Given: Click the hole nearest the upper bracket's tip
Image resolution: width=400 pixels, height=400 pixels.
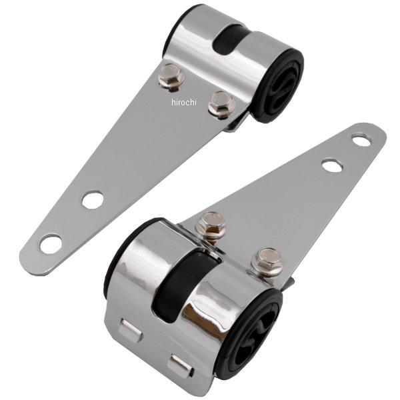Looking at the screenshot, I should (51, 243).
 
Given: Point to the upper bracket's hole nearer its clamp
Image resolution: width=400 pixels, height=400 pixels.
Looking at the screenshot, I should (93, 199).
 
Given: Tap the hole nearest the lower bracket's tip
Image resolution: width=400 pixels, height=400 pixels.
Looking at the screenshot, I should (361, 140).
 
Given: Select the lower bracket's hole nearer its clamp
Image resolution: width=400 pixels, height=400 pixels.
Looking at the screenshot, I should (331, 165).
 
